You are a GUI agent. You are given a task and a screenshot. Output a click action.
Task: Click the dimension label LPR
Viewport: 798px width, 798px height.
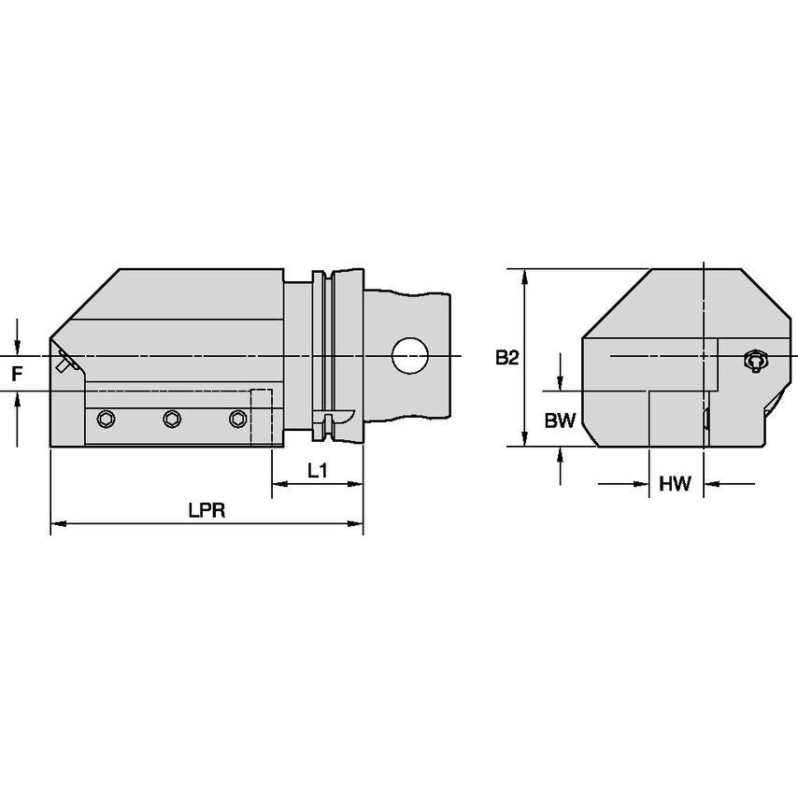coord(207,511)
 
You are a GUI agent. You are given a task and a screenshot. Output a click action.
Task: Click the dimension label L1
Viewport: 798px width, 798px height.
coord(318,472)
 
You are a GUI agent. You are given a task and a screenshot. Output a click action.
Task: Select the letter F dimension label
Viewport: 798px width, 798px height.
coord(16,375)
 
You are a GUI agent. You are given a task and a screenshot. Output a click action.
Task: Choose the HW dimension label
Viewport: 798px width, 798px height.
coord(674,483)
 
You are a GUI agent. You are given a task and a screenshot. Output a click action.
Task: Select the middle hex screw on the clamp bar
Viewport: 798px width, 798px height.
coord(171,419)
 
